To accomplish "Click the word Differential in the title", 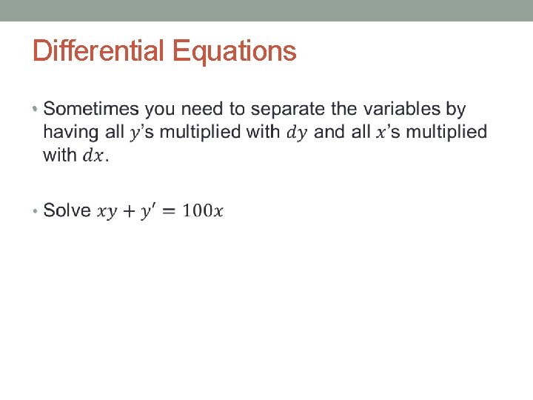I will (x=100, y=51).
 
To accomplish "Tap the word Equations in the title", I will (x=234, y=51).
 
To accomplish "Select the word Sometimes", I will (x=91, y=109).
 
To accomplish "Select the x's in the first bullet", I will (x=385, y=132).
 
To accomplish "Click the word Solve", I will (x=67, y=210).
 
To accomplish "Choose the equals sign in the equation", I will (x=167, y=211).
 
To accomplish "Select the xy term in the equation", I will (x=107, y=212).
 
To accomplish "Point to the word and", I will (x=329, y=132).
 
